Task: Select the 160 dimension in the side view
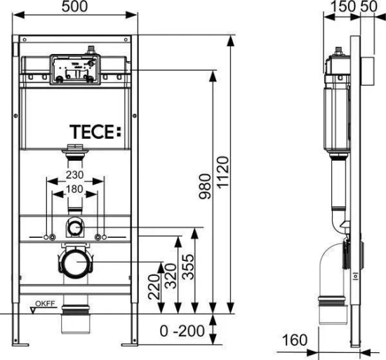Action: [x=296, y=340]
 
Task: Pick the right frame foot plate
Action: [x=131, y=344]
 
